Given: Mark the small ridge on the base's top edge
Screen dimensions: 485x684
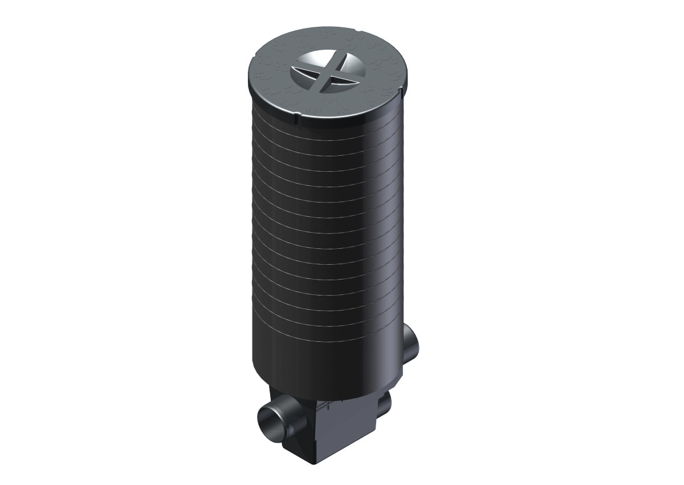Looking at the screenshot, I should point(327,404).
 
